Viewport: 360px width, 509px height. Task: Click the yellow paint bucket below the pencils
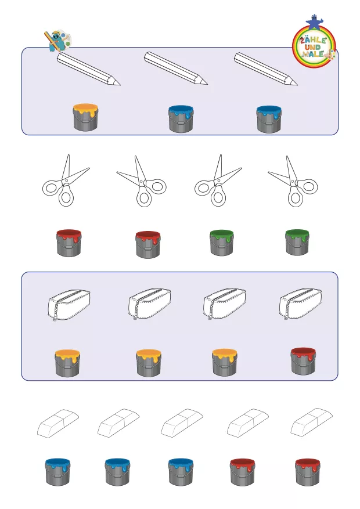pos(86,117)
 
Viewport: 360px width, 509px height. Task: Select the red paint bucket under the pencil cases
pos(303,361)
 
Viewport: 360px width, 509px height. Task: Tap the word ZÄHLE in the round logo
pos(313,40)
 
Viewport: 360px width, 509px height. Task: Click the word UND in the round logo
pos(313,48)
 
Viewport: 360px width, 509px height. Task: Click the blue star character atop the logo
pos(314,21)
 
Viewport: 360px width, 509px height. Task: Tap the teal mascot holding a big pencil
pos(55,41)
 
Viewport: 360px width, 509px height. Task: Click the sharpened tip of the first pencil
pos(120,85)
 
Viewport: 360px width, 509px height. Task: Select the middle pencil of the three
pos(175,68)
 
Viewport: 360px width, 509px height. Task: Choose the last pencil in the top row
pos(265,69)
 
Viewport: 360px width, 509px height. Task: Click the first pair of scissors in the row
pos(66,180)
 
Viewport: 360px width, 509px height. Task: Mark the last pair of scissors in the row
pos(293,182)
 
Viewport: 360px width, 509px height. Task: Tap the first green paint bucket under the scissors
pos(221,243)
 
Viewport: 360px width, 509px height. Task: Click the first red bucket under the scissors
pos(69,243)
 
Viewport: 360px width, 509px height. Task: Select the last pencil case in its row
pos(300,304)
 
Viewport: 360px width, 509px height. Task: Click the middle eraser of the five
pos(182,423)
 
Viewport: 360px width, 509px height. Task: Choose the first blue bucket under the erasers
pos(58,472)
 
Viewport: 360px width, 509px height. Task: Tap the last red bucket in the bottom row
pos(308,472)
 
